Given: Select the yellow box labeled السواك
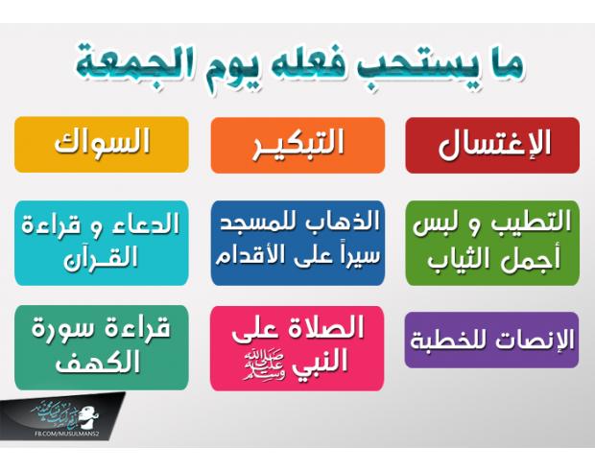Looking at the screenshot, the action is (x=102, y=145).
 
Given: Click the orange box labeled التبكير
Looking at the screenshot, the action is (x=297, y=145).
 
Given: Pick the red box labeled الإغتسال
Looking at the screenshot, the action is (x=492, y=145).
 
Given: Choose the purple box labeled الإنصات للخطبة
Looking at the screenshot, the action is (x=491, y=340).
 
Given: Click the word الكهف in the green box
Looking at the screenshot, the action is (x=98, y=362).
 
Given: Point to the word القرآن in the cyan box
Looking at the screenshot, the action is (x=101, y=258).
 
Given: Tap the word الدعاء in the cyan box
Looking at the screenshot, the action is (x=145, y=223).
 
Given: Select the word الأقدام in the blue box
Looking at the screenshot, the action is (x=250, y=254).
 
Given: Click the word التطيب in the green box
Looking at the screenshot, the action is (x=532, y=222).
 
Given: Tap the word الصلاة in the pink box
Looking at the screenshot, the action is (x=326, y=327).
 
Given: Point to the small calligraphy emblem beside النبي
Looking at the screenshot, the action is (x=265, y=366).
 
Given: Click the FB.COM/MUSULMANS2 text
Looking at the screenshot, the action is (x=67, y=434).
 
